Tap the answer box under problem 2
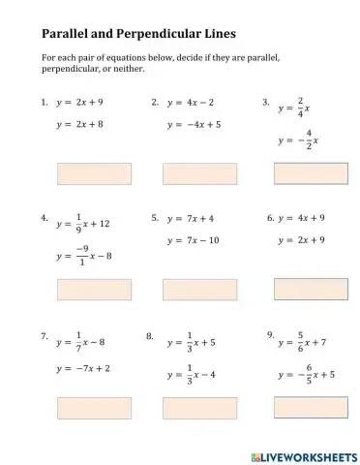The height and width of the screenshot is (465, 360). tap(199, 173)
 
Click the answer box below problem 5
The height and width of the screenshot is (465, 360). tap(199, 289)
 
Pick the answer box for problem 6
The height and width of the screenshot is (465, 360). tap(311, 289)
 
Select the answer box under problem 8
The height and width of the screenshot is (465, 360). tap(199, 407)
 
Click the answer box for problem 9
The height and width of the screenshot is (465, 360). tap(311, 407)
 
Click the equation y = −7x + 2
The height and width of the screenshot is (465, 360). tap(83, 368)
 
